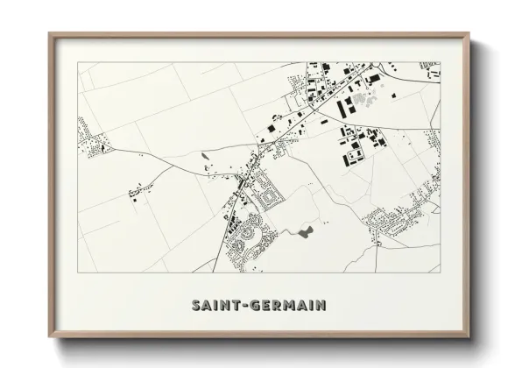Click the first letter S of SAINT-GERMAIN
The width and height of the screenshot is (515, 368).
click(x=194, y=306)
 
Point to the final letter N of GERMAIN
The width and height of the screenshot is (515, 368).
click(x=321, y=306)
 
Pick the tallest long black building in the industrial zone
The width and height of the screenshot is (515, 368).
click(x=342, y=106)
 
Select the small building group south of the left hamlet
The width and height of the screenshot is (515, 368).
click(x=138, y=190)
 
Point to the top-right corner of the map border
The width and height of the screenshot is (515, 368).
click(x=440, y=62)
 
